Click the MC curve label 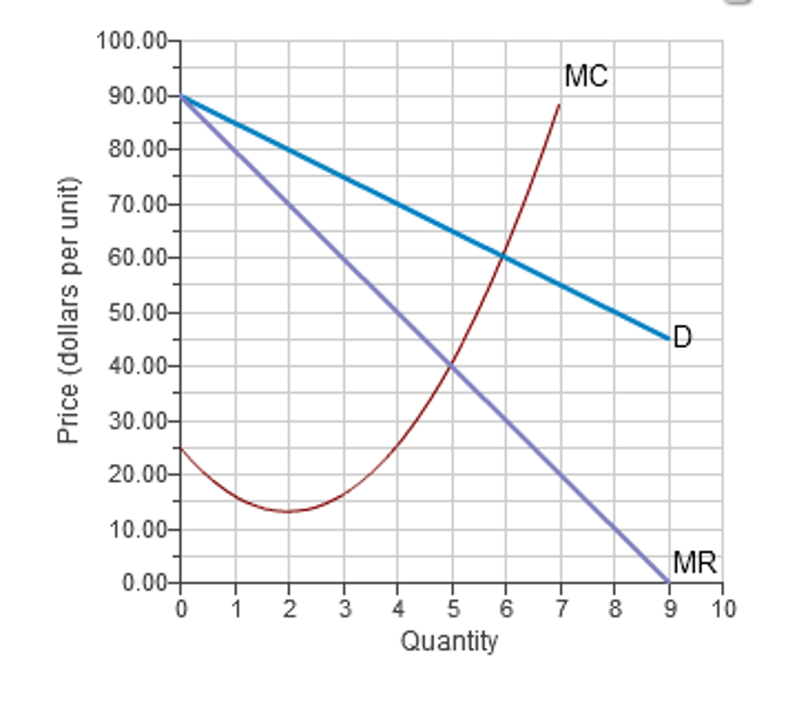tap(585, 76)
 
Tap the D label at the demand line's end tap(682, 337)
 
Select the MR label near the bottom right tap(694, 562)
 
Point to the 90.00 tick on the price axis tap(138, 96)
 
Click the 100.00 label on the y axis tap(132, 41)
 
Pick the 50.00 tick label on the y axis tap(138, 312)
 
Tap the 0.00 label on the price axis tap(145, 583)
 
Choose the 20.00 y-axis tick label tap(138, 474)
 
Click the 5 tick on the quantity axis tap(452, 608)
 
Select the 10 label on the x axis tap(723, 608)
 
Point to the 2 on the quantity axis tap(289, 608)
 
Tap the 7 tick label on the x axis tap(561, 608)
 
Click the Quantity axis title tap(449, 641)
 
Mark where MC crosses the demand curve tap(503, 256)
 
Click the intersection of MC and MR tap(452, 365)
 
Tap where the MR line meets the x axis tap(669, 582)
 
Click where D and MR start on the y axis tap(181, 96)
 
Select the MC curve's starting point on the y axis tap(181, 448)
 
